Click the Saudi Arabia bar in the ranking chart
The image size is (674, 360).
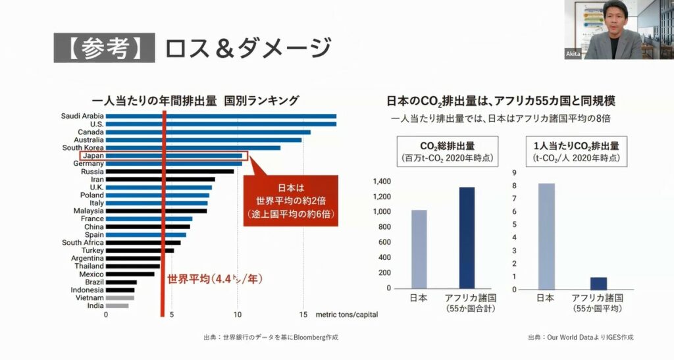click(x=220, y=116)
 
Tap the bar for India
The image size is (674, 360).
click(x=117, y=305)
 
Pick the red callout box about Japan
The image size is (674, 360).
click(x=290, y=201)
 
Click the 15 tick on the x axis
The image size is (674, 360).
click(x=303, y=315)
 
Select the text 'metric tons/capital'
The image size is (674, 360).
click(x=347, y=315)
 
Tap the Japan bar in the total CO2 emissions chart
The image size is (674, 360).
click(x=419, y=249)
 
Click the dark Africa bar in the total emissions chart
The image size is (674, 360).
click(x=467, y=238)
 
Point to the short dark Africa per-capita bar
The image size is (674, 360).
click(x=598, y=283)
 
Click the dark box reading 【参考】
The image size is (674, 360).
click(x=103, y=48)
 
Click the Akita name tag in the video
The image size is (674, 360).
click(x=573, y=53)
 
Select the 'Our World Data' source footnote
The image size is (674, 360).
click(x=580, y=338)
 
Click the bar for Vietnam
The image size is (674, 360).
click(x=120, y=297)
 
